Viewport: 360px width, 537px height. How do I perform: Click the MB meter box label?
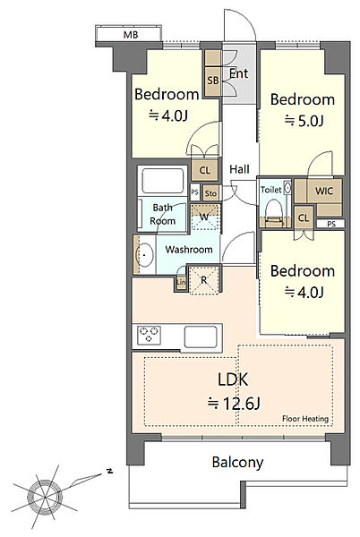[x=131, y=35]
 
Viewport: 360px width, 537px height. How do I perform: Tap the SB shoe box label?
[x=213, y=81]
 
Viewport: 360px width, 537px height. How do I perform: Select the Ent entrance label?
[x=238, y=73]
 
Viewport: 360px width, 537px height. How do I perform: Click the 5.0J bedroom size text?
[x=304, y=121]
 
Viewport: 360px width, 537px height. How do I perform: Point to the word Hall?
[x=239, y=169]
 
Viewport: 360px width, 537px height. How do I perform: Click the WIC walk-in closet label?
[x=323, y=191]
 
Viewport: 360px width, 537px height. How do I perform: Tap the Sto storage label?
[x=210, y=194]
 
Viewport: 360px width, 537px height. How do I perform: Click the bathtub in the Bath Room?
[x=163, y=180]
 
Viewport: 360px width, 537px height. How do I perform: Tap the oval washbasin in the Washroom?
[x=144, y=255]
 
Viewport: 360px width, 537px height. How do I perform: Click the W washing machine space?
[x=205, y=217]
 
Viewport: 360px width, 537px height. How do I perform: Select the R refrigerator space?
[x=204, y=280]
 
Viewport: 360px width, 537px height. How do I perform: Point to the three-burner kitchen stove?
[x=149, y=335]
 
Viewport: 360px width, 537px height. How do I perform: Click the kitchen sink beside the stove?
[x=201, y=337]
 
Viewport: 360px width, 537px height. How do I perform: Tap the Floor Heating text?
[x=305, y=419]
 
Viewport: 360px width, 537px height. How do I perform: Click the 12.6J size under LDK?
[x=234, y=404]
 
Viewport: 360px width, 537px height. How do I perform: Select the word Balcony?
[x=237, y=463]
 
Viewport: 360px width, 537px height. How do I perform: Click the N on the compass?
[x=109, y=471]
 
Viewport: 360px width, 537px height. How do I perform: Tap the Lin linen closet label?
[x=181, y=282]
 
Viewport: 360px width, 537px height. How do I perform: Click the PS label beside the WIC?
[x=330, y=224]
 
